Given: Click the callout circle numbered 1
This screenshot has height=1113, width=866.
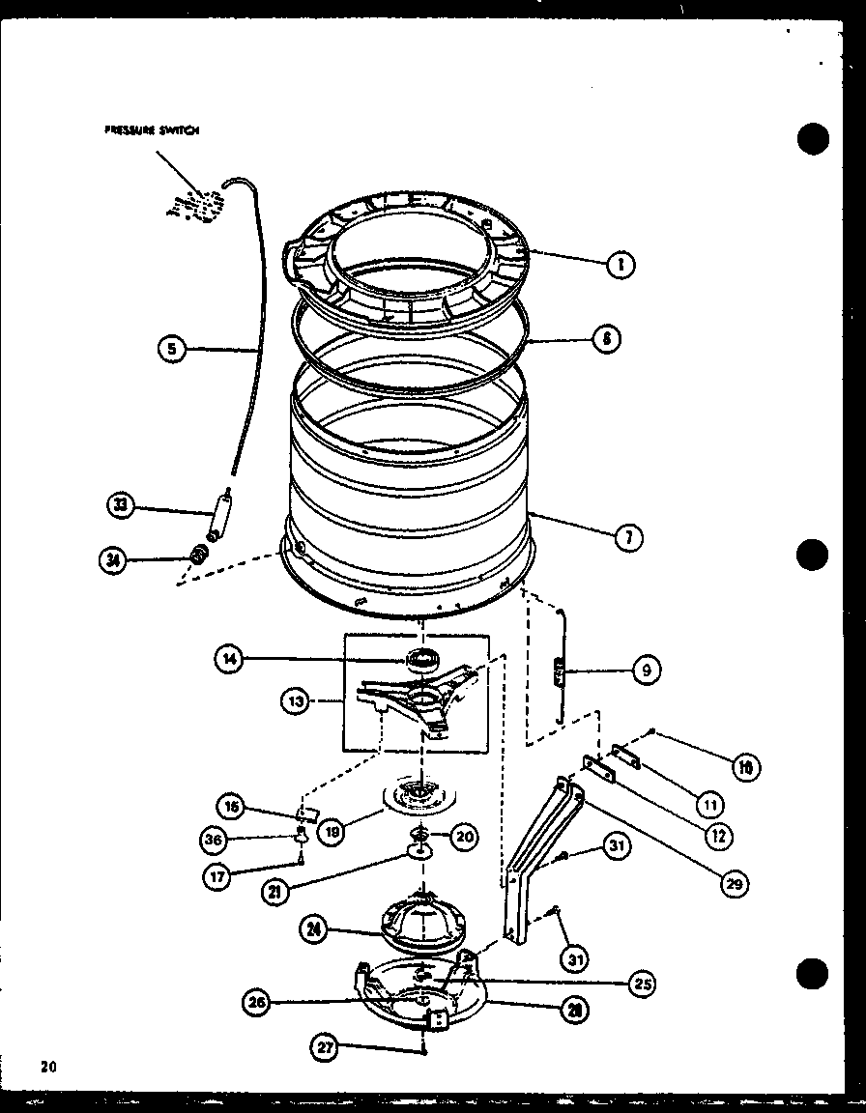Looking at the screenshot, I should pos(621,264).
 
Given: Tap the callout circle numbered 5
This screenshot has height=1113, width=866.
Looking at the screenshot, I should pos(172,349).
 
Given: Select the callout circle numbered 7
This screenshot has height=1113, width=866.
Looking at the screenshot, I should pos(628,538).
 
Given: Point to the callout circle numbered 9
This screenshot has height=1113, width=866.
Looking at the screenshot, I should pos(647,668).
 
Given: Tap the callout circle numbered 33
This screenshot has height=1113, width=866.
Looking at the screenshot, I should pos(120,504).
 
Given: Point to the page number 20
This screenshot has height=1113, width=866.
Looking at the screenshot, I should pos(48,1067).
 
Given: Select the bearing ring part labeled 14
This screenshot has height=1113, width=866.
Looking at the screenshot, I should pos(421,661).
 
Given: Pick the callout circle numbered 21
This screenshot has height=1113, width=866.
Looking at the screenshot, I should pos(274,891).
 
